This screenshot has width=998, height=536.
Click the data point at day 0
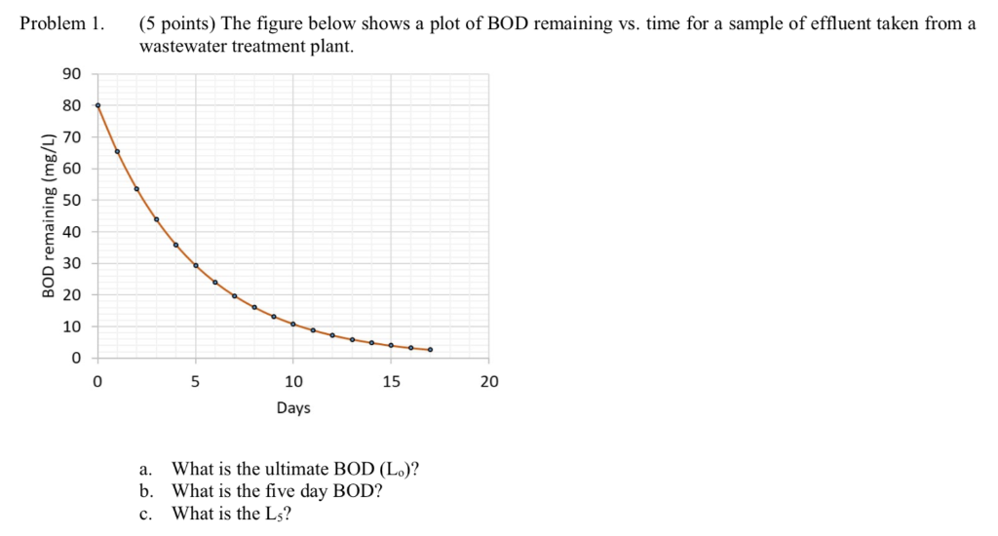pyautogui.click(x=97, y=105)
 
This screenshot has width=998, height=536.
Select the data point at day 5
pyautogui.click(x=196, y=265)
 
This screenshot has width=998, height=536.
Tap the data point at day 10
pyautogui.click(x=293, y=324)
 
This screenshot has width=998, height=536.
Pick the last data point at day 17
pyautogui.click(x=431, y=349)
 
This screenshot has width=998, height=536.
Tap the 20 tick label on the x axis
pyautogui.click(x=489, y=382)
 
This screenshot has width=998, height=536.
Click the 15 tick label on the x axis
pyautogui.click(x=391, y=382)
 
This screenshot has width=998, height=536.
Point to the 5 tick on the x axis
pyautogui.click(x=196, y=382)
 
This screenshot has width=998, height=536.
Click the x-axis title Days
pyautogui.click(x=293, y=408)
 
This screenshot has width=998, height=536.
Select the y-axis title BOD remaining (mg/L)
pyautogui.click(x=48, y=214)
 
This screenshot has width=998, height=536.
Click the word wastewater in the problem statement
pyautogui.click(x=182, y=46)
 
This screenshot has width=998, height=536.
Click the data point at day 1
pyautogui.click(x=117, y=151)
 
